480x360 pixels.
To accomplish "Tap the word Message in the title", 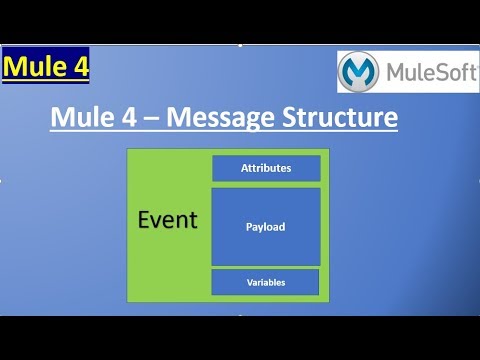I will [x=223, y=120].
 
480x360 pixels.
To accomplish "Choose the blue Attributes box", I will [x=266, y=168].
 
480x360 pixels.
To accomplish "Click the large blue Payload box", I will [x=266, y=227].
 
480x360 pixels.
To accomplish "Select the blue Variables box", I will [x=266, y=283].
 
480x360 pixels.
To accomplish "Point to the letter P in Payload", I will [x=249, y=227].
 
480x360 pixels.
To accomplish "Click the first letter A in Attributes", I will [x=245, y=168].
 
